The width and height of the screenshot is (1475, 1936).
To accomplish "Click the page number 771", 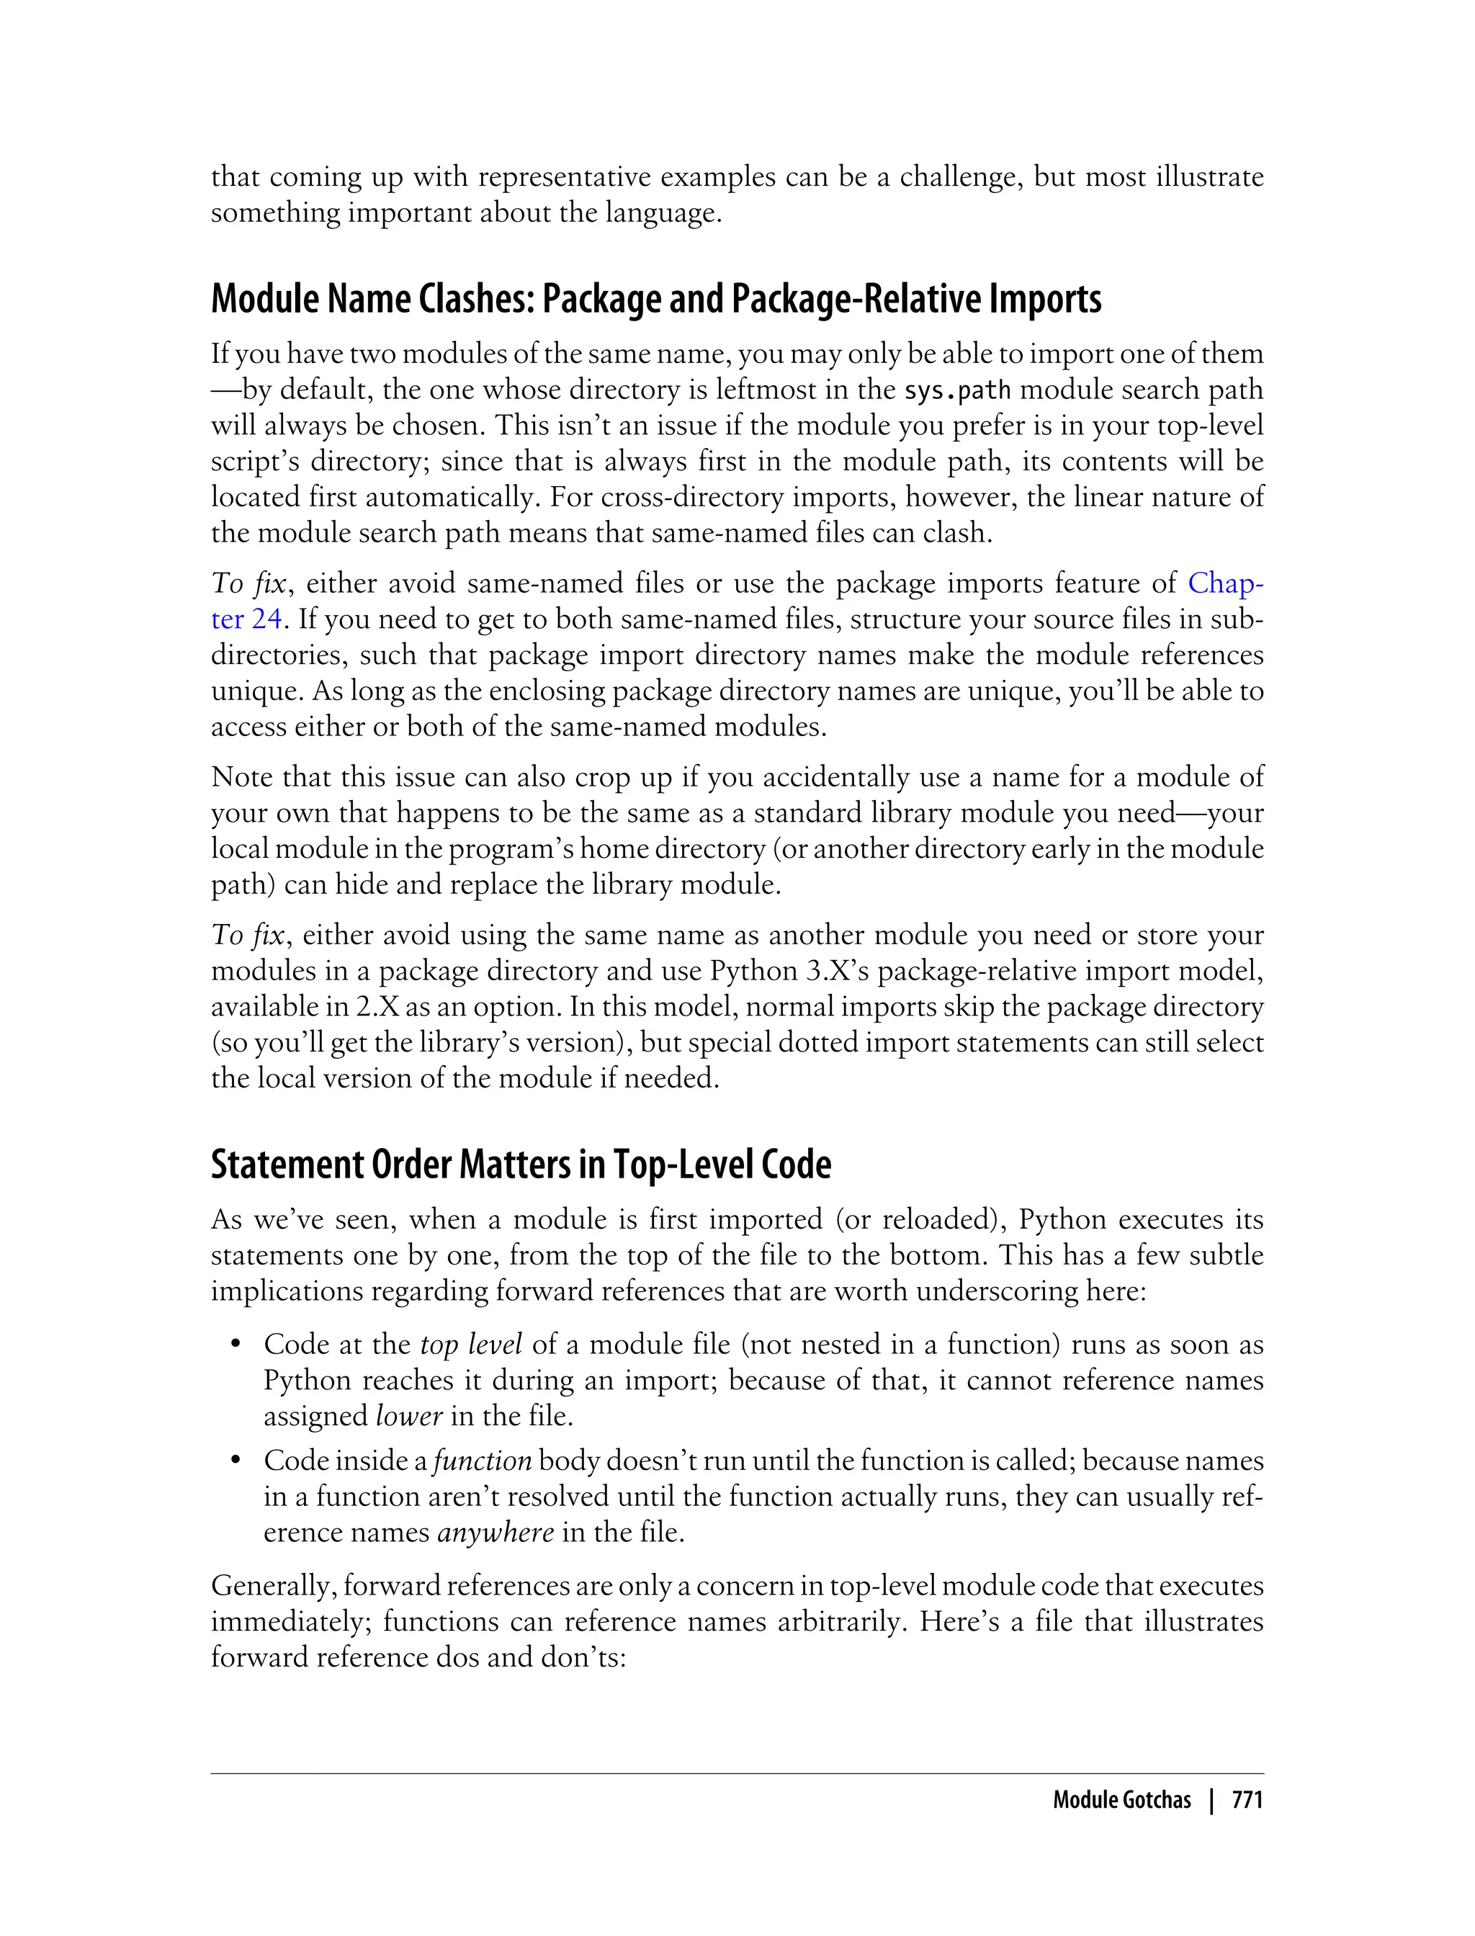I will [x=1247, y=1799].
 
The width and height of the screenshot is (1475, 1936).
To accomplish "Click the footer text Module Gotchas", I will [x=1121, y=1799].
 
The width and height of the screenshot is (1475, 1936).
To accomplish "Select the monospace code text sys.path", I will [x=957, y=390].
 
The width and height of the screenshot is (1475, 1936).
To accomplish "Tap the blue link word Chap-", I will [x=1225, y=582].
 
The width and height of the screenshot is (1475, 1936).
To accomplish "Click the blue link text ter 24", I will [x=246, y=619].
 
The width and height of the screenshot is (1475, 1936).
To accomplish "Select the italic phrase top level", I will [x=470, y=1344].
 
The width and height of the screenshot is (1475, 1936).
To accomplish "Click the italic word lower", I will [x=408, y=1416].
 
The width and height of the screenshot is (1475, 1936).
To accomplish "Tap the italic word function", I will [x=482, y=1460].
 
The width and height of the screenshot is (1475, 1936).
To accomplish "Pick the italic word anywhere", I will [x=496, y=1532].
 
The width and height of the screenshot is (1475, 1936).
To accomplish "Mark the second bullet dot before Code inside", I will [x=236, y=1461].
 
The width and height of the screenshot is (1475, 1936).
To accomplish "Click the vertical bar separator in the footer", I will [x=1211, y=1799].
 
